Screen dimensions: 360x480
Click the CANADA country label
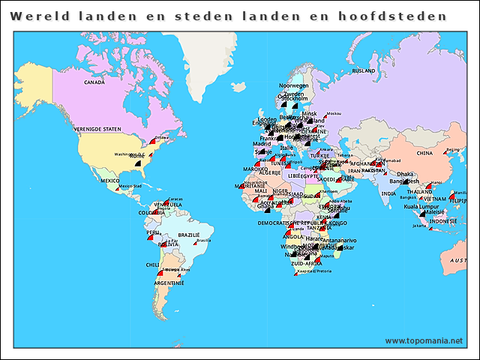click(x=94, y=82)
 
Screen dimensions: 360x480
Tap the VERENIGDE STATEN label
click(x=97, y=129)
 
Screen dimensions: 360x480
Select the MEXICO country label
click(x=110, y=181)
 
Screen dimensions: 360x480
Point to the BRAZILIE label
click(x=189, y=235)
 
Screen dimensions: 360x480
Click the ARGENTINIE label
click(x=169, y=284)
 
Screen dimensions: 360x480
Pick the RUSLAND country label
click(x=363, y=70)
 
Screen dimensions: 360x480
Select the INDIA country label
click(x=388, y=193)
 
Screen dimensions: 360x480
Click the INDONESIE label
click(x=442, y=221)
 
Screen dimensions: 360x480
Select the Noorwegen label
click(x=293, y=85)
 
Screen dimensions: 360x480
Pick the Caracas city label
click(x=175, y=199)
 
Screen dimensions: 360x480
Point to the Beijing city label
click(x=453, y=149)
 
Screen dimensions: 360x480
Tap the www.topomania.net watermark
click(x=424, y=340)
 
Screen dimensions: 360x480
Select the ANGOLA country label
click(x=293, y=236)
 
